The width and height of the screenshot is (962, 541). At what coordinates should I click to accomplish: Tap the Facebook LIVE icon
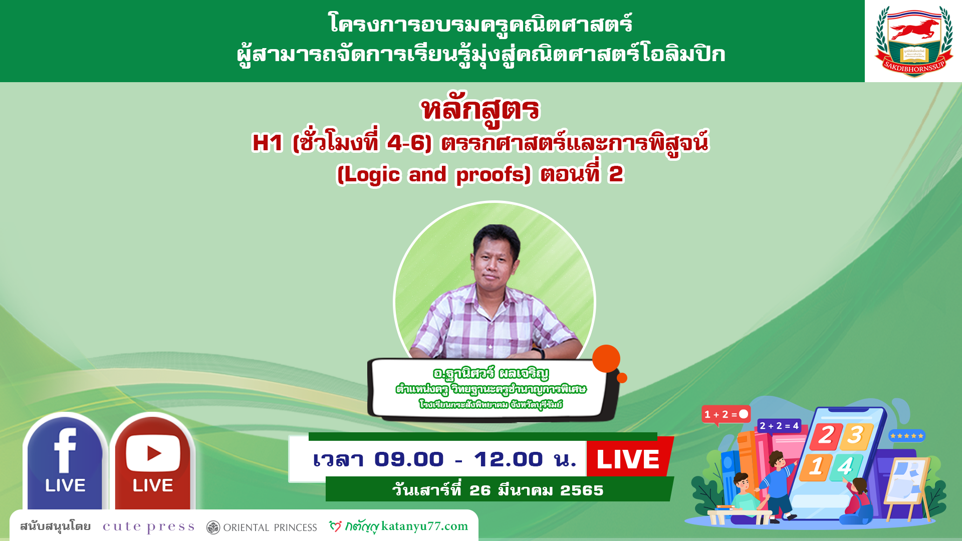pyautogui.click(x=65, y=462)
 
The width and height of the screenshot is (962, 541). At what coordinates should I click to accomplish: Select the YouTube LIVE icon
pyautogui.click(x=153, y=462)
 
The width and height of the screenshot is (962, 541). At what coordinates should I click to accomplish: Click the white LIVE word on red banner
pyautogui.click(x=628, y=459)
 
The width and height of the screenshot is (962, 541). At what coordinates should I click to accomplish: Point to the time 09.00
pyautogui.click(x=409, y=459)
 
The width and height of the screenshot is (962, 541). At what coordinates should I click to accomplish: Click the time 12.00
pyautogui.click(x=509, y=459)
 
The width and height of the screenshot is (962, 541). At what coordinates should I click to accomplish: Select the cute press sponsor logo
pyautogui.click(x=148, y=527)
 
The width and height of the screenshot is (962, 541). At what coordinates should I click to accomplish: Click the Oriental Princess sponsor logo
pyautogui.click(x=262, y=527)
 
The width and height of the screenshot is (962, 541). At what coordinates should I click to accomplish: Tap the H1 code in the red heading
pyautogui.click(x=268, y=143)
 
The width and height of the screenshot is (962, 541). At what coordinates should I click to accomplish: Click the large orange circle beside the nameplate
pyautogui.click(x=606, y=359)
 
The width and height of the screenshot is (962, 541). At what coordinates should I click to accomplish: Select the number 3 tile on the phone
pyautogui.click(x=855, y=435)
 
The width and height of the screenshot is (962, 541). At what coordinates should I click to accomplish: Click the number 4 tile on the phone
pyautogui.click(x=845, y=467)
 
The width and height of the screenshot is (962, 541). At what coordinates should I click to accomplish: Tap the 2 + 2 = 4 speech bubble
pyautogui.click(x=779, y=426)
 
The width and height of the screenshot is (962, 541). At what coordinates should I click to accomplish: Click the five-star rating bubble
pyautogui.click(x=907, y=436)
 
